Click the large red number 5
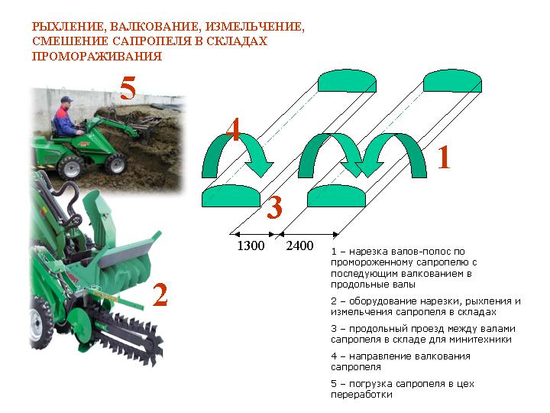point(128,88)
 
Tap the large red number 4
point(233,129)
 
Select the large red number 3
point(274,207)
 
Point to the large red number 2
point(160,294)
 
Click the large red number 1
point(444,158)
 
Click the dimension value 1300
point(251,246)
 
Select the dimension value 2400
point(299,246)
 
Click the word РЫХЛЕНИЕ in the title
point(69,27)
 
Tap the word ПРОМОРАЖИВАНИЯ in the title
point(97,56)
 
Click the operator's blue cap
point(66,99)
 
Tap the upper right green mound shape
point(452,81)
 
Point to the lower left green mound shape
point(231,196)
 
